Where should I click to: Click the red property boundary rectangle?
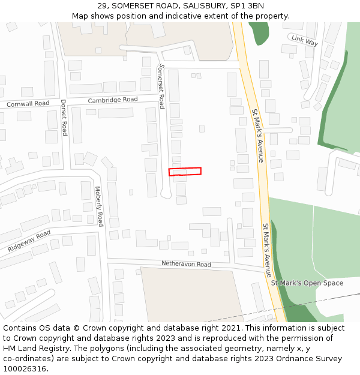pos(185,172)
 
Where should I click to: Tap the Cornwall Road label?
pos(28,104)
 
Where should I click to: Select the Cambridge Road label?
pos(113,100)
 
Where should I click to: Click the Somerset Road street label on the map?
pos(161,86)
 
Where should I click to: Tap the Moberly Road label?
pos(99,206)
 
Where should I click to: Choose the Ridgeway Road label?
pos(29,241)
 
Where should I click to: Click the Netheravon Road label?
pos(186,264)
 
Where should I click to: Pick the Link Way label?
pos(304,40)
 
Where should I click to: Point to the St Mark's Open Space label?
pos(307,283)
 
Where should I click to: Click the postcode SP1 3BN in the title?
pos(248,5)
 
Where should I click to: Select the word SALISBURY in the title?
pos(193,5)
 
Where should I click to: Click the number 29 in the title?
pos(102,5)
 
